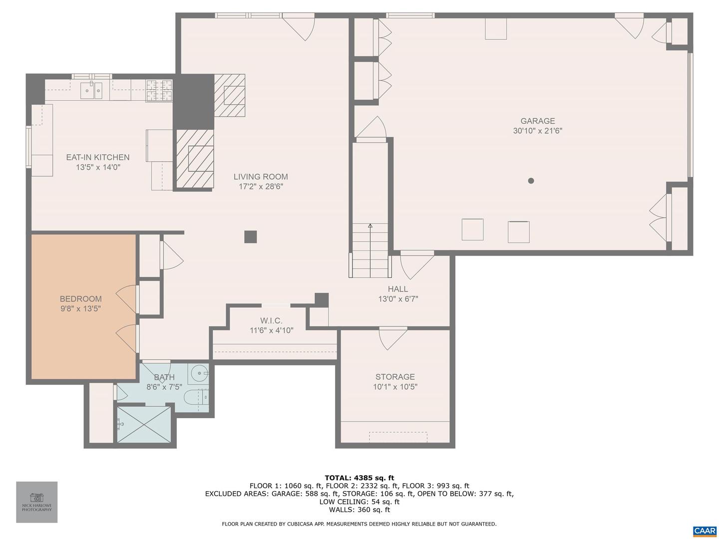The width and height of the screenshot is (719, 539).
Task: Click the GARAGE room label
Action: tap(537, 121)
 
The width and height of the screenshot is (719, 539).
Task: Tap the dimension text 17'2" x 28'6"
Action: tap(261, 187)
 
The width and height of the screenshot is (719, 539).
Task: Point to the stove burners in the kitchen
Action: tap(159, 90)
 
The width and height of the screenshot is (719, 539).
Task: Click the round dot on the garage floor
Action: tap(531, 181)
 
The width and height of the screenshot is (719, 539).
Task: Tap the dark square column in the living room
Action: tap(250, 237)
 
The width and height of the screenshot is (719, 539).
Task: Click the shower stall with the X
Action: tap(143, 424)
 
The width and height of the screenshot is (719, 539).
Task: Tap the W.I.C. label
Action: tap(271, 321)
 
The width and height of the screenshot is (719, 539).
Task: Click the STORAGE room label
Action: tap(395, 377)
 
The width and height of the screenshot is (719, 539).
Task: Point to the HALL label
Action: tap(397, 289)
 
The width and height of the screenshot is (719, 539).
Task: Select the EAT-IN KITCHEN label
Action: tap(98, 157)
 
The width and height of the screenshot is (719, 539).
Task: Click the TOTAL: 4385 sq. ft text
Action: tap(359, 478)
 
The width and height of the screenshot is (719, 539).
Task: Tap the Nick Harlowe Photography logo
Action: tap(36, 502)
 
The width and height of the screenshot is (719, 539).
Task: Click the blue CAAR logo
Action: tap(705, 531)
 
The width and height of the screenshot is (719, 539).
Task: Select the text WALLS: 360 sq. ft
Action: tap(359, 510)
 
